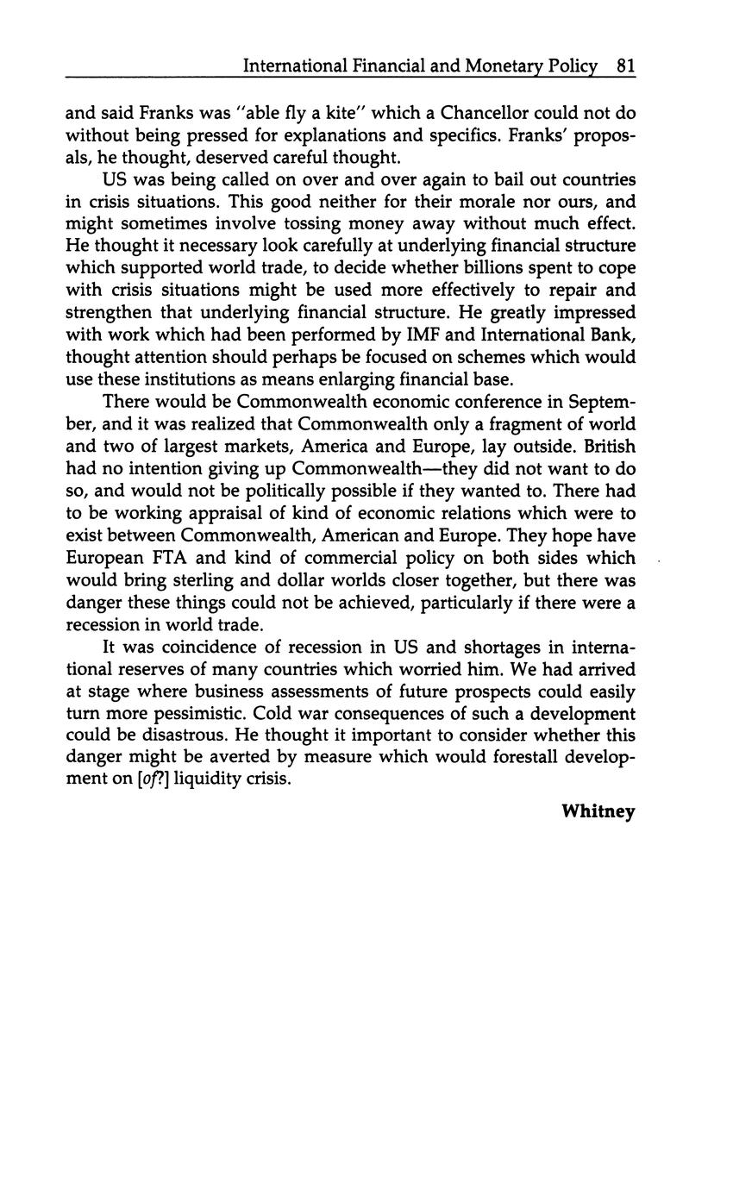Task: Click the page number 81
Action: (x=626, y=66)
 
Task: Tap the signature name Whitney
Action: (x=598, y=811)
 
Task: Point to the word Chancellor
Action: (x=491, y=113)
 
